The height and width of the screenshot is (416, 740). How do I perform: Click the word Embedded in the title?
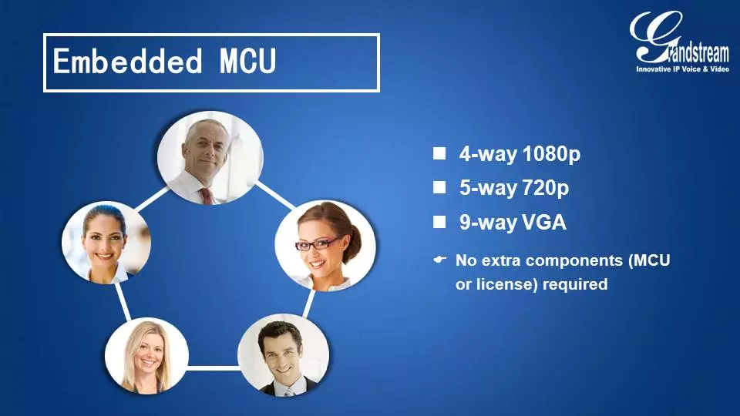(x=127, y=62)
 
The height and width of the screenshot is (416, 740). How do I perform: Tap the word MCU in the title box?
(x=247, y=62)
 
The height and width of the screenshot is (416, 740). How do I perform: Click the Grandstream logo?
(x=679, y=42)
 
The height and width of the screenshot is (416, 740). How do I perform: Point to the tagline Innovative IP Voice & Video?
(x=682, y=69)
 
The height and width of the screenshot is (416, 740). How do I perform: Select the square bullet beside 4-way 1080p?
(x=439, y=153)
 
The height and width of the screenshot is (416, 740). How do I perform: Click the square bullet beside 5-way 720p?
(x=439, y=187)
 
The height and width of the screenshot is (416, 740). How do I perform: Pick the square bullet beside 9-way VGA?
(x=439, y=222)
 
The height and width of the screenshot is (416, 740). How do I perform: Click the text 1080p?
(x=551, y=154)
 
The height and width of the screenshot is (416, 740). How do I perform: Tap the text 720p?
(x=545, y=188)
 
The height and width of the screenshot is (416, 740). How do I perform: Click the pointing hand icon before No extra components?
(x=440, y=260)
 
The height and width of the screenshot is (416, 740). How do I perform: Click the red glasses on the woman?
(x=315, y=244)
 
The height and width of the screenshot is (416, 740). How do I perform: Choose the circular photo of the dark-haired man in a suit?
(x=283, y=354)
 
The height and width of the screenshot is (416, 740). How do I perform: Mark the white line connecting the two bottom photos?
(x=213, y=367)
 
